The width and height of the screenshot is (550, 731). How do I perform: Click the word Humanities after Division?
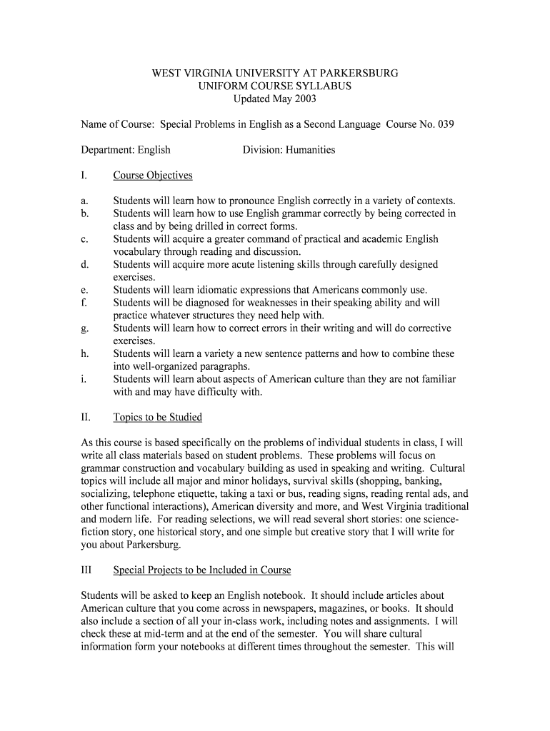point(310,150)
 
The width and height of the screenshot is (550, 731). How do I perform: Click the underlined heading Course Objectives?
point(153,176)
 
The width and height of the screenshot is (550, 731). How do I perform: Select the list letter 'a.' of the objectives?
point(85,201)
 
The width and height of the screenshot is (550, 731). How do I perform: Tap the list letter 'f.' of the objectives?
point(84,303)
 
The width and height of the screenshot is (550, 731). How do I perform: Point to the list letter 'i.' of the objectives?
point(84,379)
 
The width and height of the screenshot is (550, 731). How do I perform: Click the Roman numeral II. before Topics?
point(86,418)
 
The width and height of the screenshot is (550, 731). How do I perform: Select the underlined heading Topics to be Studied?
point(157,418)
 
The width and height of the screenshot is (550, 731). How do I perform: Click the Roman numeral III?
point(87,570)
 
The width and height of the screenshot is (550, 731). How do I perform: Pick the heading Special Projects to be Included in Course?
point(202,570)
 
